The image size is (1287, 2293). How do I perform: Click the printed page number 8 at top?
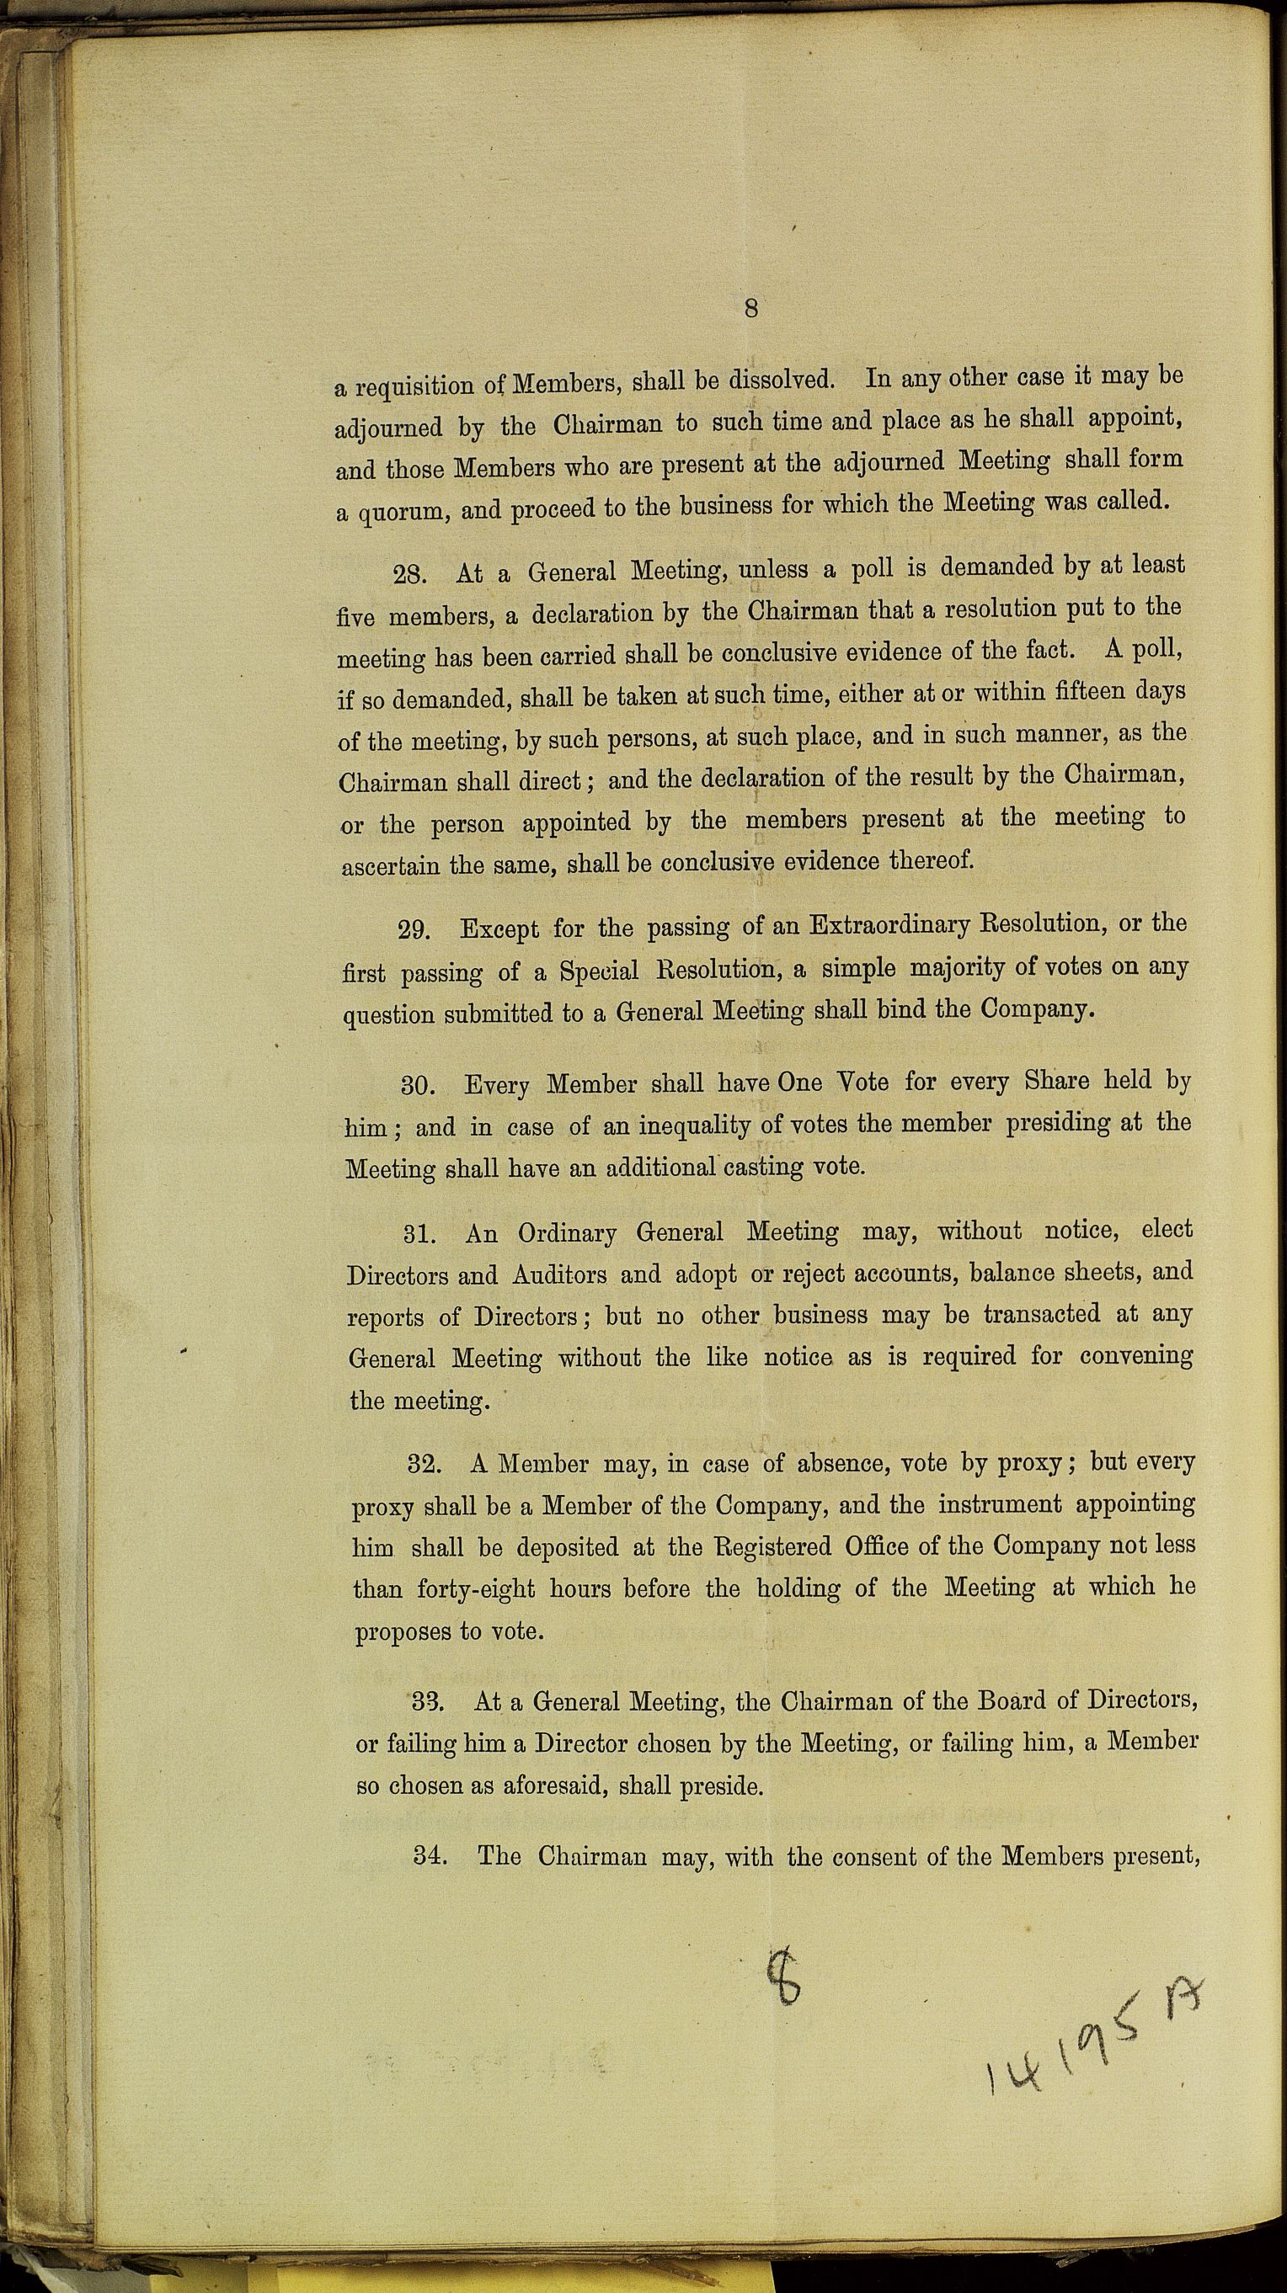tap(750, 308)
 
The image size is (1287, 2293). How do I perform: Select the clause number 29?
tap(415, 931)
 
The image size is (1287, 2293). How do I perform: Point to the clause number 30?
tap(418, 1087)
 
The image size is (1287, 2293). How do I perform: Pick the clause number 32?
tap(424, 1465)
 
